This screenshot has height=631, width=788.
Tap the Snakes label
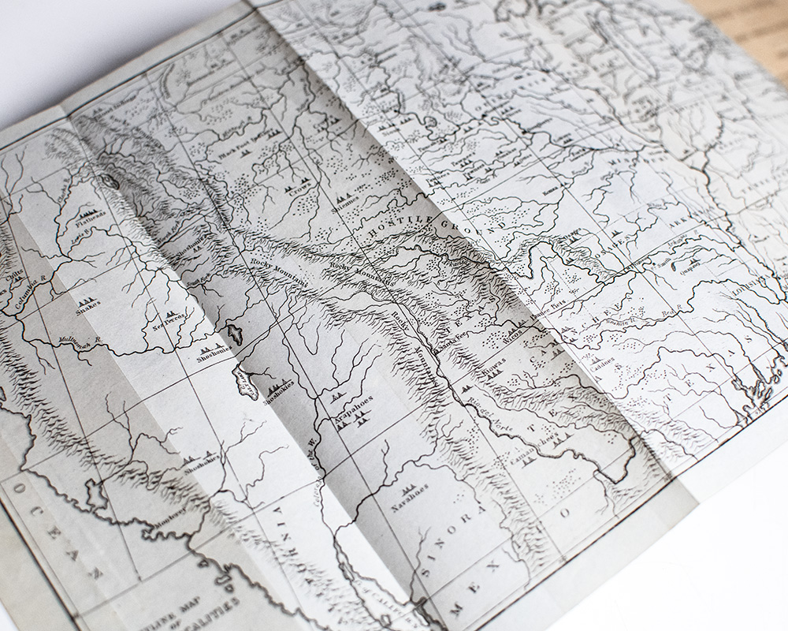click(x=88, y=308)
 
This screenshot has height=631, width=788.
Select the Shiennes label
click(x=347, y=203)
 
